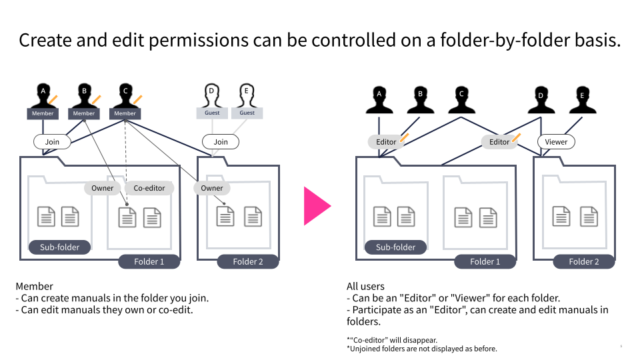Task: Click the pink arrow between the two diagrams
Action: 316,206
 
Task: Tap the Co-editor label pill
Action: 149,188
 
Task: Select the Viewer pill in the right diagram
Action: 556,141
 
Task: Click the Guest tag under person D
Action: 212,113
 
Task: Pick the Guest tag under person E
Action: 247,113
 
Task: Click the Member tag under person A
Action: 43,113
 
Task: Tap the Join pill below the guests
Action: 221,141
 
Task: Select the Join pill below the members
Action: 52,141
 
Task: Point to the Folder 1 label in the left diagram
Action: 149,261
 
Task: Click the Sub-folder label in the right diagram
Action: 395,247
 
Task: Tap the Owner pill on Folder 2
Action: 212,188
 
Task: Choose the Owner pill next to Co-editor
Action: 103,188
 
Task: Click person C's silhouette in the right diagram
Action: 461,101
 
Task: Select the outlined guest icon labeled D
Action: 212,95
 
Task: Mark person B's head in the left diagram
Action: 84,91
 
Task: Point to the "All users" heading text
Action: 365,286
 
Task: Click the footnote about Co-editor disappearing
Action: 392,340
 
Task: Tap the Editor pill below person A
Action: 386,141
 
